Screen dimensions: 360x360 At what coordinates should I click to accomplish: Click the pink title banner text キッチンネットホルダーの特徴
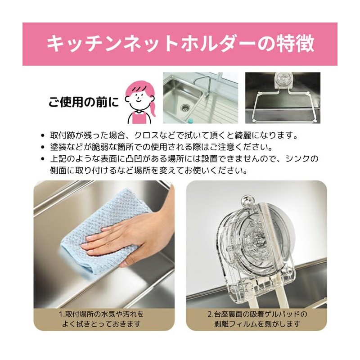click(x=180, y=44)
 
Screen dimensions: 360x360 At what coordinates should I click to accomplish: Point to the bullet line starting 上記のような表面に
click(x=184, y=159)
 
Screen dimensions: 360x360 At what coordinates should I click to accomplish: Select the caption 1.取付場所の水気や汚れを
click(x=103, y=314)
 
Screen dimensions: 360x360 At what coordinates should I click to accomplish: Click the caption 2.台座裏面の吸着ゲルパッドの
click(x=256, y=314)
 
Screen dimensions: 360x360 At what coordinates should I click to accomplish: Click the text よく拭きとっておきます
click(x=103, y=324)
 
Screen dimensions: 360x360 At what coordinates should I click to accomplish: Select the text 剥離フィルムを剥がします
click(x=256, y=324)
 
